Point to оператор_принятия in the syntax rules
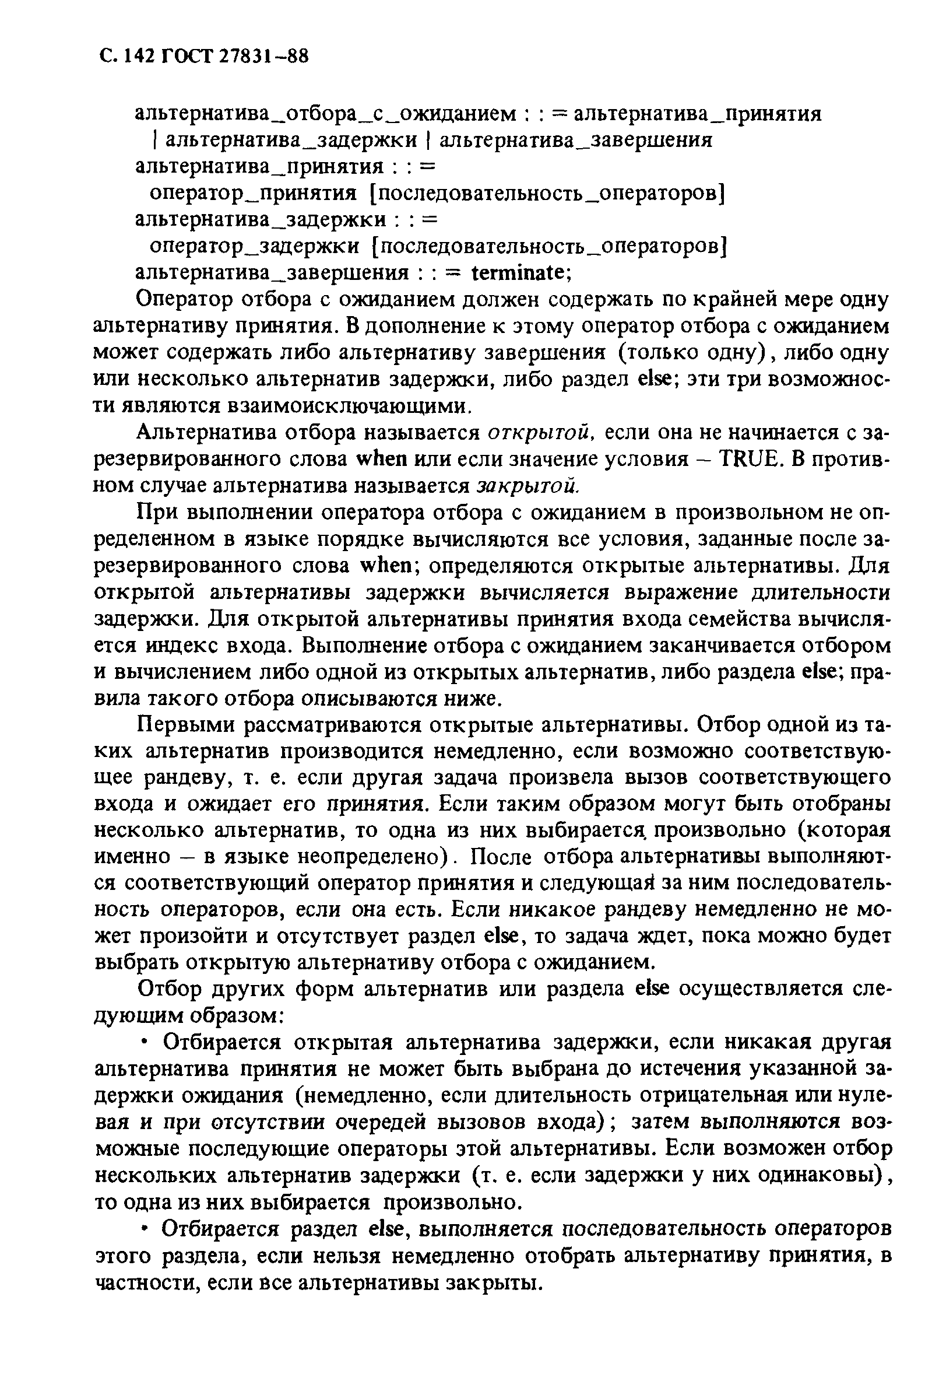pyautogui.click(x=253, y=193)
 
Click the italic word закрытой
pyautogui.click(x=527, y=485)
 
